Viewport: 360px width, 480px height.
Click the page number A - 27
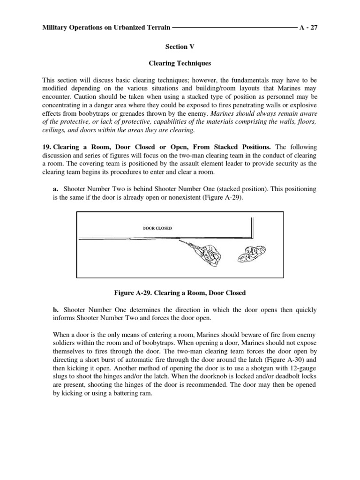pos(308,28)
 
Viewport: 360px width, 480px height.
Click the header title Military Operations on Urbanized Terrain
pos(106,28)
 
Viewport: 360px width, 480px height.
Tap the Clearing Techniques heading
pos(180,62)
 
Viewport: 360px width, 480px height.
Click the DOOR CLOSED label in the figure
pos(157,228)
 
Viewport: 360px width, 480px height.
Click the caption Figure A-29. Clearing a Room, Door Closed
pos(180,293)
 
